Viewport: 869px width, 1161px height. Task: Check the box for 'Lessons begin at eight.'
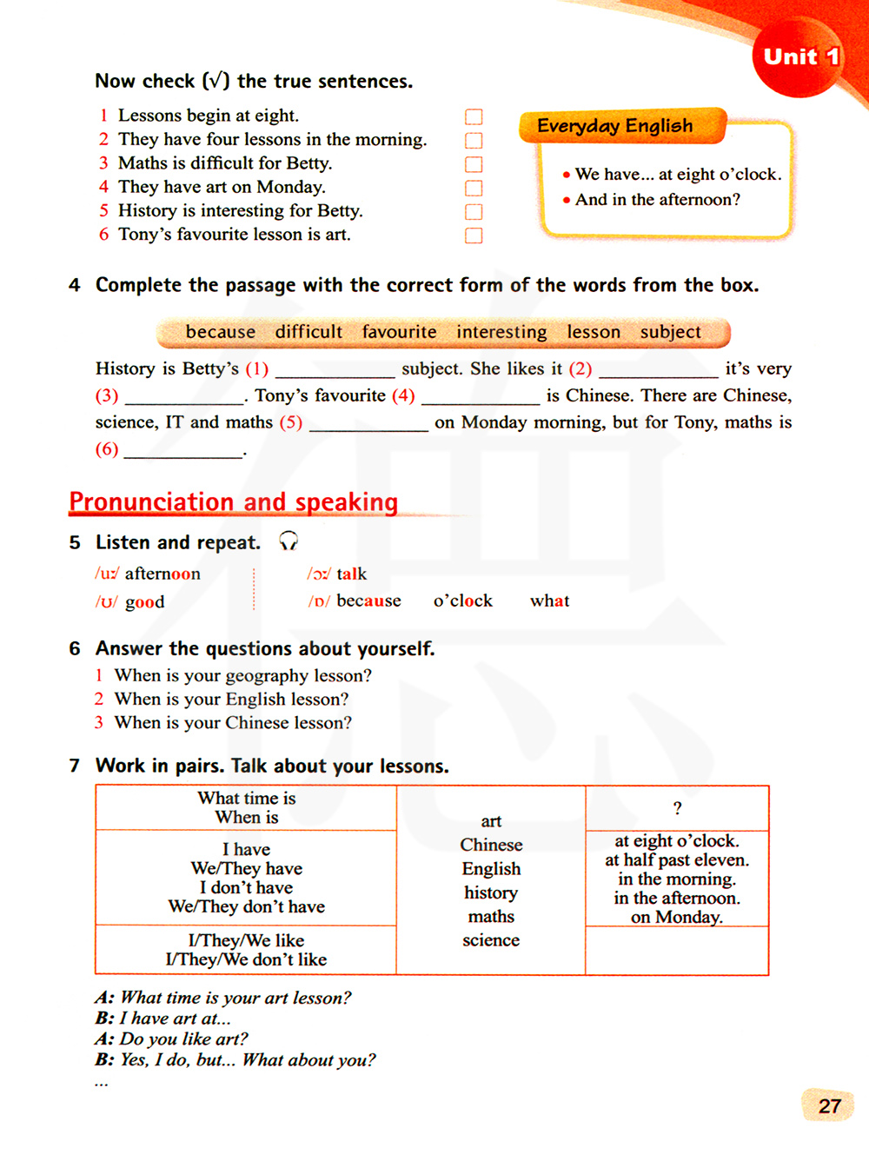coord(474,117)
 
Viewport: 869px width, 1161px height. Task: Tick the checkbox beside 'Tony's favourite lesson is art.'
coord(474,236)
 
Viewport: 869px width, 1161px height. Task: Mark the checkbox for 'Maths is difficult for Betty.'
coord(474,164)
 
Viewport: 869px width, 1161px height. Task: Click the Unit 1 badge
coord(799,57)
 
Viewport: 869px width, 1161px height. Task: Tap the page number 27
coord(829,1105)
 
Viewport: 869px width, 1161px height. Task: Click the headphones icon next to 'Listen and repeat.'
coord(289,541)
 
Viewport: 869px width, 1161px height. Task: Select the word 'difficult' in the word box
coord(308,332)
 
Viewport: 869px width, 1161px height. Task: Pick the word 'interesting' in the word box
coord(501,332)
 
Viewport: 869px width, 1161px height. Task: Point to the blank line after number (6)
coord(183,452)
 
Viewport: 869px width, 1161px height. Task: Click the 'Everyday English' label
coord(615,126)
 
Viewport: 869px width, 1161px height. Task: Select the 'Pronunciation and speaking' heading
coord(234,502)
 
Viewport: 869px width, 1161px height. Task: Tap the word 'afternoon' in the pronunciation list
coord(163,574)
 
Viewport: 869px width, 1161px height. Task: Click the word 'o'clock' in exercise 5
coord(462,600)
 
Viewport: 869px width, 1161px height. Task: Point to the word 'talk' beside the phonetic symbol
coord(351,574)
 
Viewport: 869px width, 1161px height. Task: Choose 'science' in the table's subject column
coord(491,940)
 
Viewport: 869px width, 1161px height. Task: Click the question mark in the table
coord(677,808)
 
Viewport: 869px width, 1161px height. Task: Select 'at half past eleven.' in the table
coord(677,860)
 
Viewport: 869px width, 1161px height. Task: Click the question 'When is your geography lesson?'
coord(243,675)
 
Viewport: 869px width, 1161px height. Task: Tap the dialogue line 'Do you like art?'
coord(183,1039)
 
